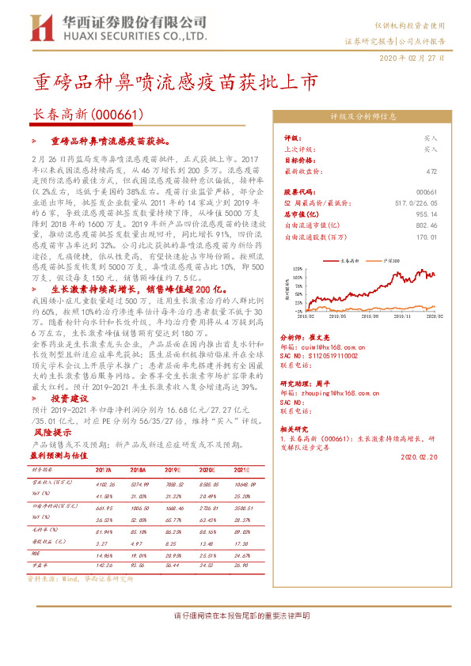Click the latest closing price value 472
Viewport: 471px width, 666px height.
point(431,170)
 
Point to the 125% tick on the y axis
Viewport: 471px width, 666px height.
point(294,269)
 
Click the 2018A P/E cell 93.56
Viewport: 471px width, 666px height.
point(116,566)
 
